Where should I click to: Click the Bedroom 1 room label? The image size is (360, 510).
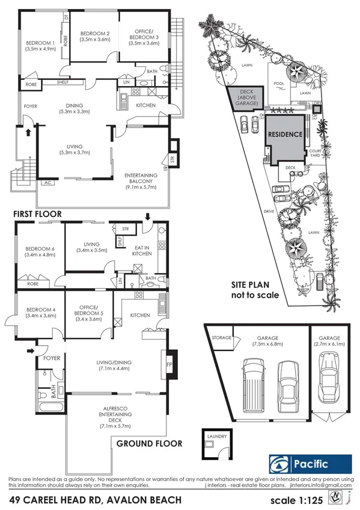[x=40, y=46]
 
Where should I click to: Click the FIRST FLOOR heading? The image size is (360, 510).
[x=42, y=214]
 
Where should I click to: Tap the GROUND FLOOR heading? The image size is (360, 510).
[x=149, y=444]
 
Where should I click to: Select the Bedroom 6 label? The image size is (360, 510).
[x=40, y=251]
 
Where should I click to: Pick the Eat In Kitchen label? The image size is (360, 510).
[x=141, y=250]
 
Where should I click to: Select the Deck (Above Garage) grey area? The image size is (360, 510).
[x=246, y=99]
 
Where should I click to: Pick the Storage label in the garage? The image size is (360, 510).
[x=221, y=338]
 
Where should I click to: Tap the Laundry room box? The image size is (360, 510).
[x=214, y=442]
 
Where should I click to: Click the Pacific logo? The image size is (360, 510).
[x=310, y=464]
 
